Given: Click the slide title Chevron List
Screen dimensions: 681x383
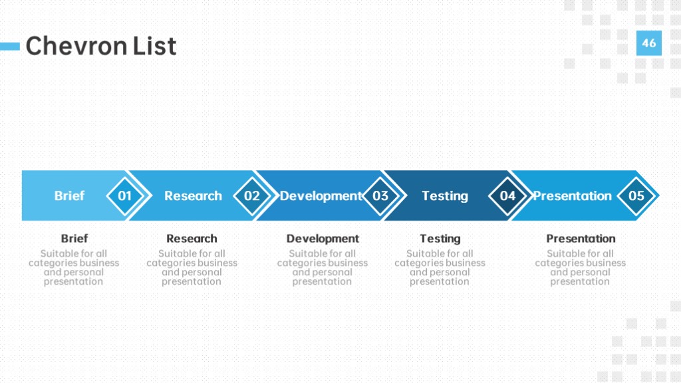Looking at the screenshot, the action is [101, 46].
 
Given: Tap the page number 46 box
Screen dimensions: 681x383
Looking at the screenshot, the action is [649, 43].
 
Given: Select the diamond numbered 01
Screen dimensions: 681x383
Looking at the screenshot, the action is [124, 196].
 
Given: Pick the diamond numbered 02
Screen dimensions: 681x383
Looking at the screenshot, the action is [252, 196].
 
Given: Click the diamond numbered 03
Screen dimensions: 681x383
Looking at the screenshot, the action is [380, 196].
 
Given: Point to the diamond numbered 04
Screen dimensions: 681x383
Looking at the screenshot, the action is [507, 196].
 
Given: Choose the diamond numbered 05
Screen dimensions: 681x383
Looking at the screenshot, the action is [636, 196].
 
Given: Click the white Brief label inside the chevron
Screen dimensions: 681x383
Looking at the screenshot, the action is [69, 196].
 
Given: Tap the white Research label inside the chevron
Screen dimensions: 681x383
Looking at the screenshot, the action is [193, 196].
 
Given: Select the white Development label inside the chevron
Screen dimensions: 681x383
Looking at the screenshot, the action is [321, 196].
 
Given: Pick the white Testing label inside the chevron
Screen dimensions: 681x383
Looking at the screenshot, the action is [445, 196].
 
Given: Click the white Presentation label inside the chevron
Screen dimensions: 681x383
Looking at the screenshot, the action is [573, 196].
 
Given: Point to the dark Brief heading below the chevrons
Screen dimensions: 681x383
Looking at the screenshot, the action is [74, 239].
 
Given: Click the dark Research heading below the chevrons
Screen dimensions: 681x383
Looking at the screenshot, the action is [192, 239].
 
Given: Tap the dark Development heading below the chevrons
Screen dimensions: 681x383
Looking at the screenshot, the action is [323, 239].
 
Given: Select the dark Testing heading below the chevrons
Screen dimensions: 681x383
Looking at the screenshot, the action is [440, 239].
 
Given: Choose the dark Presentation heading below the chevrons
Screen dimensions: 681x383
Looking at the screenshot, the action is [581, 239].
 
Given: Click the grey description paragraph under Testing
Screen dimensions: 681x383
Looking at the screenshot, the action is [440, 267].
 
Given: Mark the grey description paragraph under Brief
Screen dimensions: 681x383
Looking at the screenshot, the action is [74, 267].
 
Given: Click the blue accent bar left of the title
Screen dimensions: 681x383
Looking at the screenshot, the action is [10, 46].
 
